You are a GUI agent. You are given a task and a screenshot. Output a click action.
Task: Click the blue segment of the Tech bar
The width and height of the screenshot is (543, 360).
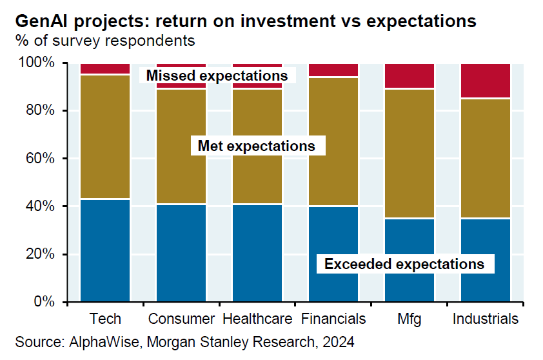click(x=105, y=250)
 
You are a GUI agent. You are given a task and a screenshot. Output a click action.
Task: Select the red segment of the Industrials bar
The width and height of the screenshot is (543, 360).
click(x=486, y=81)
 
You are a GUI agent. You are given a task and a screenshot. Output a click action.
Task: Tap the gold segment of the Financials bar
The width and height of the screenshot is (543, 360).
click(x=333, y=142)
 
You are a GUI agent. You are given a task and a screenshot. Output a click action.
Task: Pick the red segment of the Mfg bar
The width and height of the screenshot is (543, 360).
click(x=410, y=76)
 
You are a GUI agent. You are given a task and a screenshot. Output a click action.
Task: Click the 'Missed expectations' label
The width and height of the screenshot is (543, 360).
click(x=217, y=75)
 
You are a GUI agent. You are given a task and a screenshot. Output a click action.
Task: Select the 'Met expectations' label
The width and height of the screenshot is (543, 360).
click(x=256, y=146)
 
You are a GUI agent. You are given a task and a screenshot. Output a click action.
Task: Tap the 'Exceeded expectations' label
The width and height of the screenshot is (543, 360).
click(x=404, y=264)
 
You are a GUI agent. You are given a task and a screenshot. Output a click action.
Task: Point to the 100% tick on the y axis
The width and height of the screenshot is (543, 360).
click(x=39, y=63)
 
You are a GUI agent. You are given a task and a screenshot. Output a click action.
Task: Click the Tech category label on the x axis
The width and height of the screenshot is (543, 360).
click(x=105, y=319)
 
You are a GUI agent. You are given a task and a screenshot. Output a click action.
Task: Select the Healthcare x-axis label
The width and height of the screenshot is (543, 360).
click(x=257, y=319)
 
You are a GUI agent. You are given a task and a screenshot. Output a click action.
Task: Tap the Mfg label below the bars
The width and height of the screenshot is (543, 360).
click(x=410, y=319)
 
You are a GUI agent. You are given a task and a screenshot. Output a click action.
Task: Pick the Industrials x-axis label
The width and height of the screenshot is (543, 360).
click(x=486, y=319)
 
